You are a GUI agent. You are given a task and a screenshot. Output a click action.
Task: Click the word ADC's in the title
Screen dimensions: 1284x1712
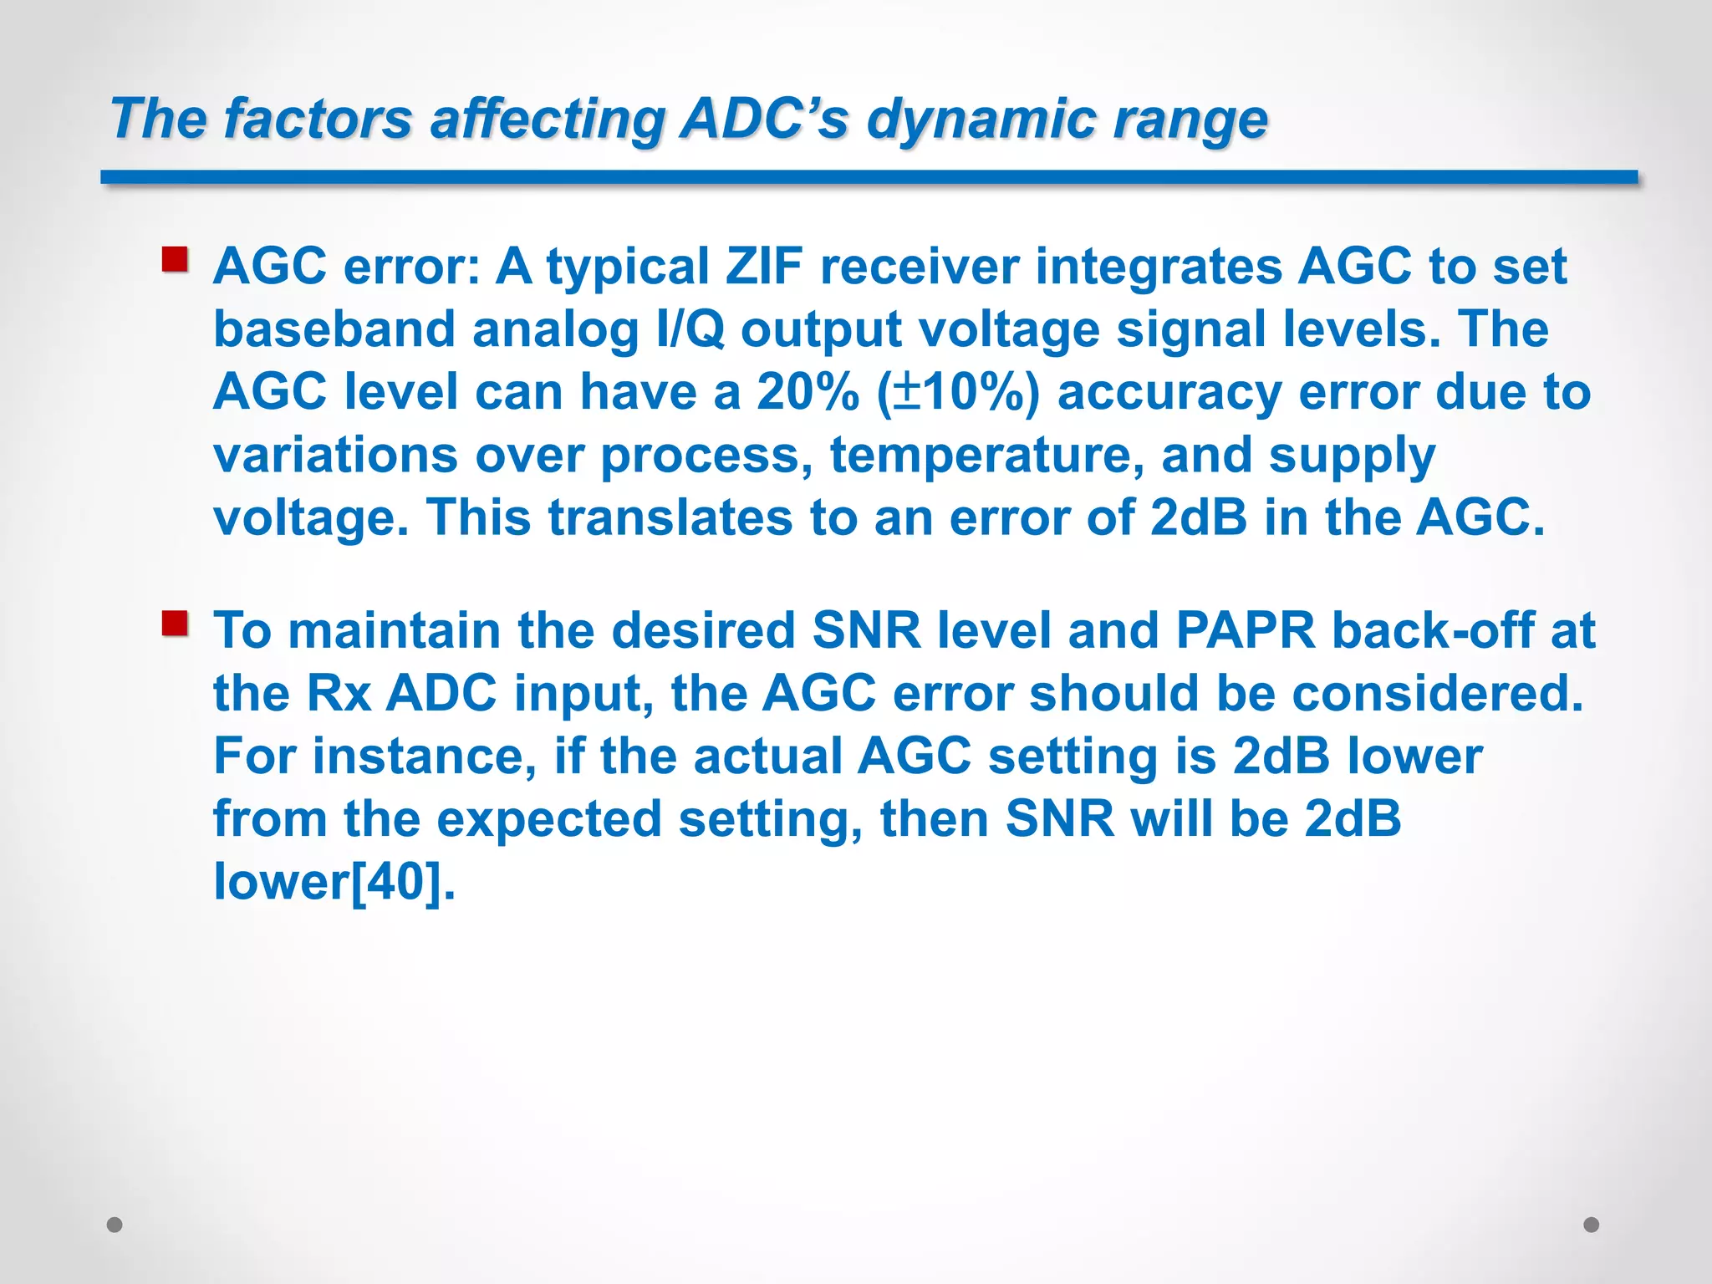pos(764,119)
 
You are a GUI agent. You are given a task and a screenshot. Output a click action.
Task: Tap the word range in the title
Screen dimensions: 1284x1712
pos(1190,119)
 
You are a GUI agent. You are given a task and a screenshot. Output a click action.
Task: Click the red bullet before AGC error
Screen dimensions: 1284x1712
pos(175,260)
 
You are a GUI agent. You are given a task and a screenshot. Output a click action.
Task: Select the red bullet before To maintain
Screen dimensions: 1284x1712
pos(175,624)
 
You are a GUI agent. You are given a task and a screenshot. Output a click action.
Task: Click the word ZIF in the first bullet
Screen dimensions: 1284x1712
pos(763,267)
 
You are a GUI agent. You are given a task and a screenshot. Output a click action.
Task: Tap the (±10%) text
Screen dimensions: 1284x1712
pos(958,392)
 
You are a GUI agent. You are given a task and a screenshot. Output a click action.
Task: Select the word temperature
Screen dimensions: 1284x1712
pos(986,456)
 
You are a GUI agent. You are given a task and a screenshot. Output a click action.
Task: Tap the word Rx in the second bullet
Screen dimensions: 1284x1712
pos(339,693)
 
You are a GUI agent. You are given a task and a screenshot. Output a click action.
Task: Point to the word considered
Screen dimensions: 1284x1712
pos(1437,693)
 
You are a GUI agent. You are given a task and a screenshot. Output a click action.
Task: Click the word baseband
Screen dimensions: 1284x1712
pos(334,329)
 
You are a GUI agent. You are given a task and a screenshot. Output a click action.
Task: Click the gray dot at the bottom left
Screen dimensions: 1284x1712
pos(115,1225)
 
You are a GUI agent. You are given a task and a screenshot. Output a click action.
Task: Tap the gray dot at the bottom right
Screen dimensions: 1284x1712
pos(1592,1225)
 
